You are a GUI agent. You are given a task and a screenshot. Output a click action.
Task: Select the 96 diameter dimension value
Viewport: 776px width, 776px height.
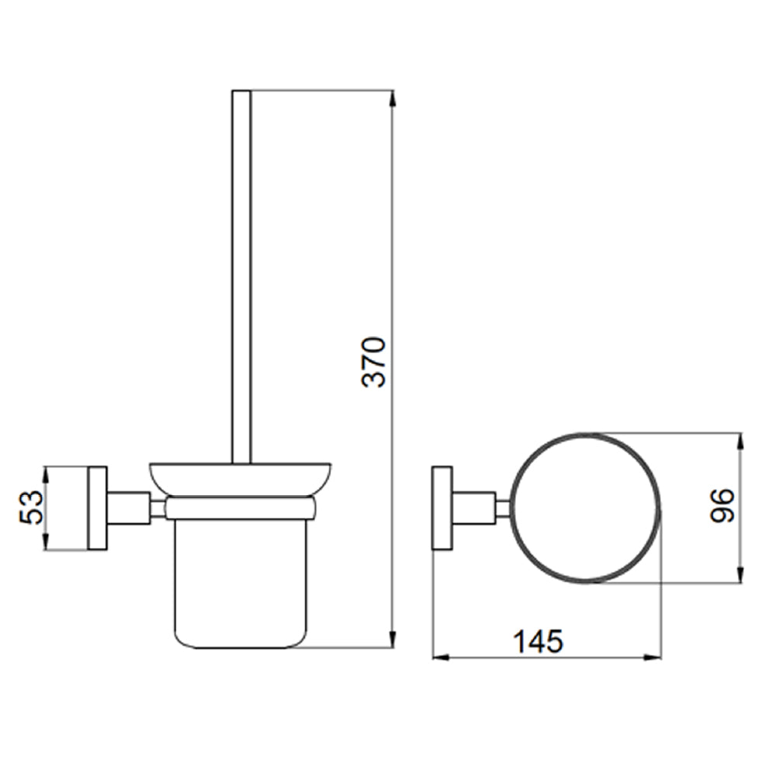coord(722,506)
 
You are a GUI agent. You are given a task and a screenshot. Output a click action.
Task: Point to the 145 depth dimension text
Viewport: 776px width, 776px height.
coord(537,641)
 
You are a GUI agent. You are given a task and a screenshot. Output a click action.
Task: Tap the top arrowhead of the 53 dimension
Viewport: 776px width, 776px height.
coord(46,472)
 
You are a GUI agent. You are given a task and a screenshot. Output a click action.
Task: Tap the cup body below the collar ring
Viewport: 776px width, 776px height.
coord(241,582)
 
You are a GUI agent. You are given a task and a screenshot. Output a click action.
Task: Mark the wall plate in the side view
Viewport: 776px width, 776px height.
coord(97,508)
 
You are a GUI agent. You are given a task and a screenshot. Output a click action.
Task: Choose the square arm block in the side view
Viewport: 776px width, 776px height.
coord(128,508)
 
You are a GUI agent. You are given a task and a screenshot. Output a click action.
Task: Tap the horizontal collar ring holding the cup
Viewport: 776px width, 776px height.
coord(241,508)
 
